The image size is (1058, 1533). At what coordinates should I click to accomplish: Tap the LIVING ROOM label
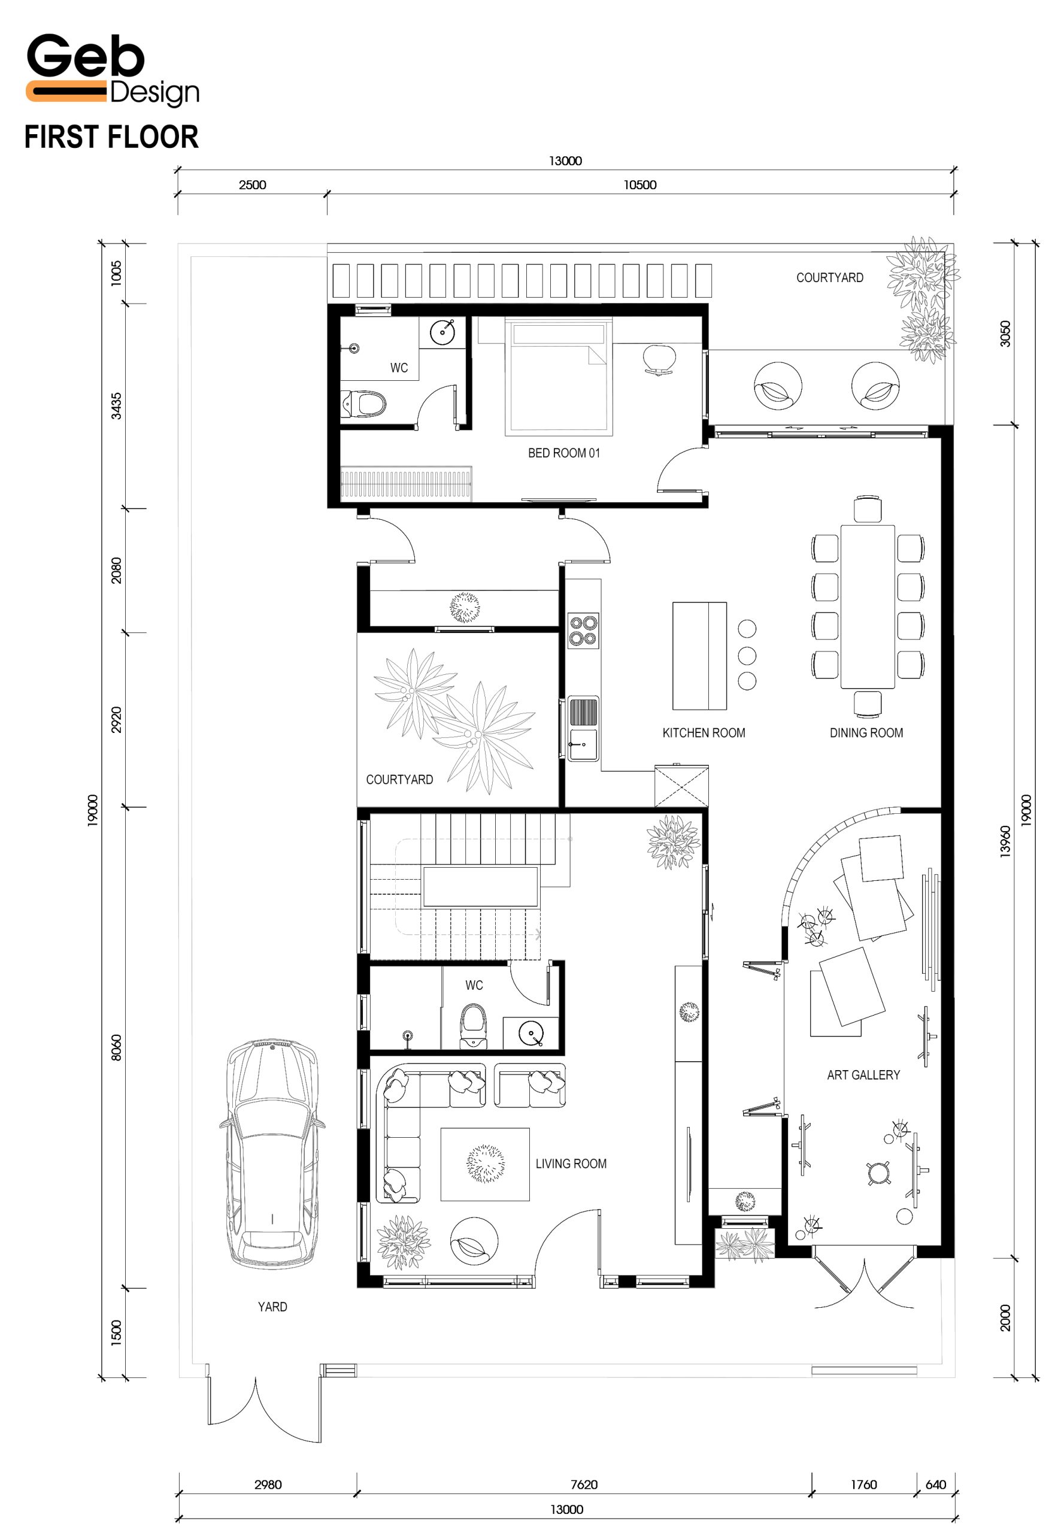(571, 1164)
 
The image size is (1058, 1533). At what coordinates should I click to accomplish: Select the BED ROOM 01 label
(563, 453)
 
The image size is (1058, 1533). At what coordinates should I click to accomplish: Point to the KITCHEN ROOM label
(704, 733)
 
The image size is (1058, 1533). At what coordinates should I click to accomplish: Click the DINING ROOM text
(866, 733)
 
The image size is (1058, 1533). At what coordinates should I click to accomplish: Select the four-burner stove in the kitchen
(583, 630)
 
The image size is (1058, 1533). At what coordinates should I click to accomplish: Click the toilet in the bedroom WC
(363, 404)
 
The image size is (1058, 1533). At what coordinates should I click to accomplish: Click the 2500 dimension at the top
(253, 185)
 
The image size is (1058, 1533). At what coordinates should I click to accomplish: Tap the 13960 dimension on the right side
(1006, 841)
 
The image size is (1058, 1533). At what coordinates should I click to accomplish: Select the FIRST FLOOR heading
(111, 137)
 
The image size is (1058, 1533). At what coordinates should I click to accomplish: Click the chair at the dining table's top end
(867, 509)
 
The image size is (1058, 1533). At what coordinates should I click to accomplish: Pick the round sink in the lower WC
(531, 1033)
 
